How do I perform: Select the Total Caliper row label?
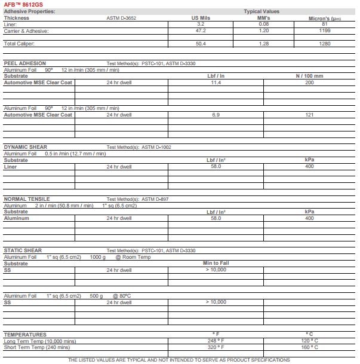tap(19, 44)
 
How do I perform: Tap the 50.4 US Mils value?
tap(200, 44)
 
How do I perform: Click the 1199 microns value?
tap(324, 30)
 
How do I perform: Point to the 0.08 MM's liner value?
tap(263, 25)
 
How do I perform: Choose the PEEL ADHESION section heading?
tap(24, 63)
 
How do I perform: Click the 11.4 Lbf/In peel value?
tap(216, 82)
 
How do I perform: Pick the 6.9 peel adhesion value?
tap(216, 115)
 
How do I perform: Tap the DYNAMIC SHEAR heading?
tap(25, 147)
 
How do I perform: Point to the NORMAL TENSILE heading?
tap(26, 199)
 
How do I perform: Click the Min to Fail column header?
tap(216, 263)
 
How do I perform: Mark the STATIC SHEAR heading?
tap(23, 251)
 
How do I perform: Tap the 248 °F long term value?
tap(216, 341)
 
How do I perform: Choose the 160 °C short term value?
tap(309, 347)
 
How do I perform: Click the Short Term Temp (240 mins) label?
tap(37, 347)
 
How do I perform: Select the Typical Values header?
tap(261, 11)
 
